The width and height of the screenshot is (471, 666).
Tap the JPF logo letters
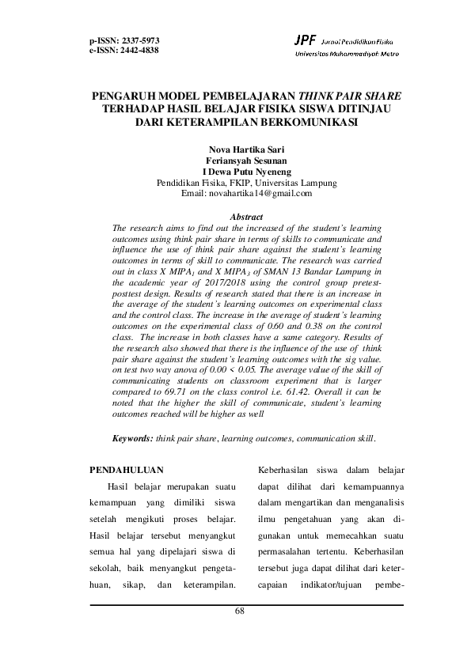(x=303, y=40)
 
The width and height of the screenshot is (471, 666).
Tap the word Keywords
(x=132, y=437)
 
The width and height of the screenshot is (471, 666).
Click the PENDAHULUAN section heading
(x=127, y=468)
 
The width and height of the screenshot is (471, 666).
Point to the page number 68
(x=241, y=611)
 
